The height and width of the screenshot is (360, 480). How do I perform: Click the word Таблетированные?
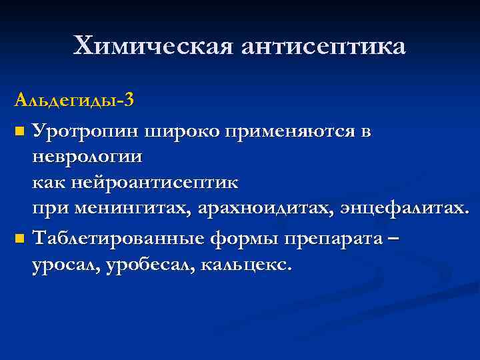[x=121, y=237]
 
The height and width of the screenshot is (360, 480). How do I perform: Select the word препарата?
[x=335, y=237]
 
